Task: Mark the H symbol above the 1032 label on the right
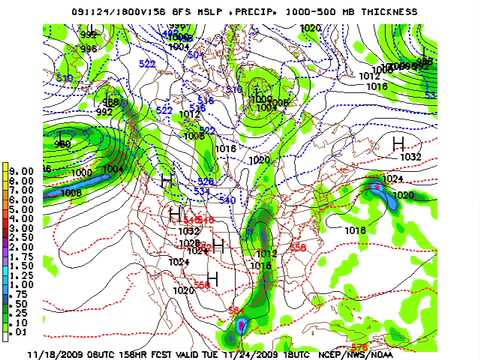coord(398,144)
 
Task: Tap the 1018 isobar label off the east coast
coord(355,229)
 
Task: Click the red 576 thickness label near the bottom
coord(358,345)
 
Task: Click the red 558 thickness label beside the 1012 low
coord(297,246)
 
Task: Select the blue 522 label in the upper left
coord(149,63)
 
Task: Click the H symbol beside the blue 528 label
coord(167,179)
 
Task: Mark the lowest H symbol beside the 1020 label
coord(212,277)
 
